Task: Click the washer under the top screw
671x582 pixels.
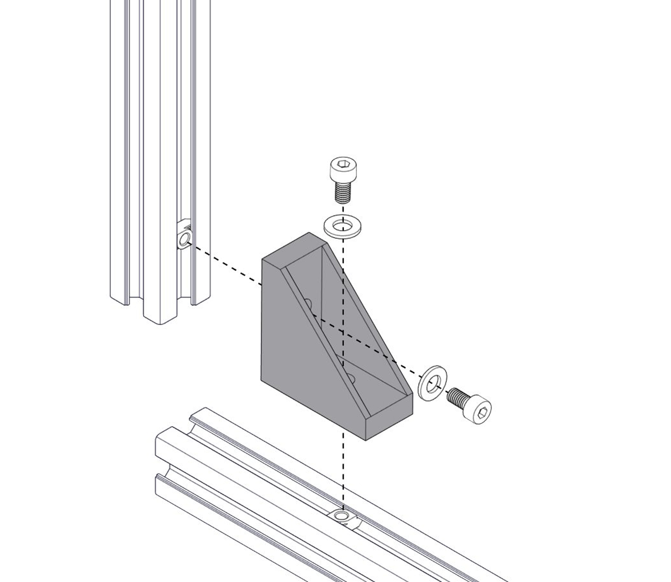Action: pos(331,226)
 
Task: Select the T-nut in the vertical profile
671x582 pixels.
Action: pos(184,237)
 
